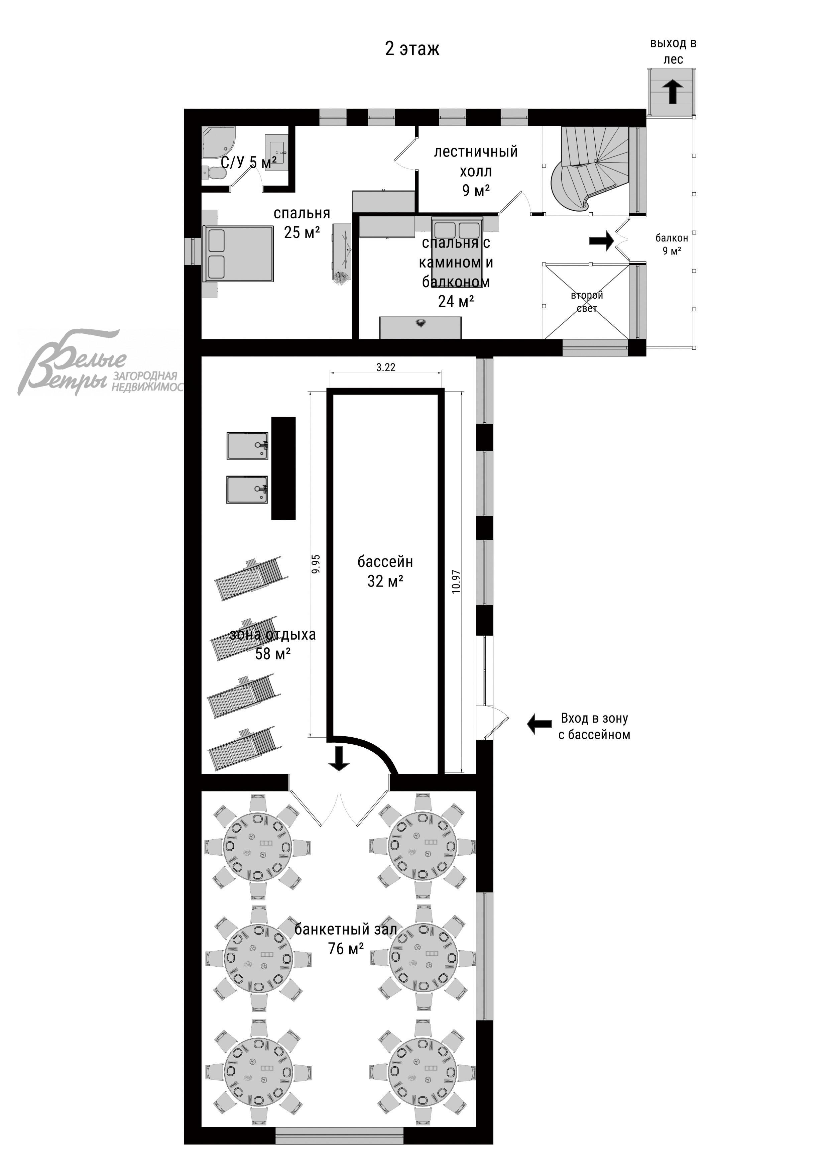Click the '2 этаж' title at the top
pos(412,49)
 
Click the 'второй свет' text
pos(587,301)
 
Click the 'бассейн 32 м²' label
pos(385,571)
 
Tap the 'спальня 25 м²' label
pos(302,223)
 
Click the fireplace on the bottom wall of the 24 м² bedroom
pos(421,327)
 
